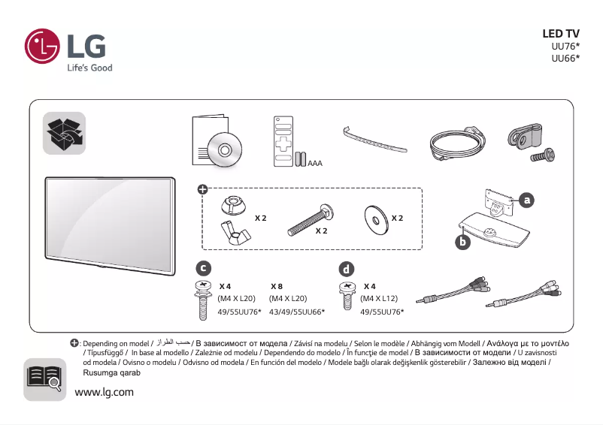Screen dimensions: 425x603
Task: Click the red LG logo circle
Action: coord(42,47)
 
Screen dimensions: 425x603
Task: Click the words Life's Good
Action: coord(89,68)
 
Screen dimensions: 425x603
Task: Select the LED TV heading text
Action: coord(560,34)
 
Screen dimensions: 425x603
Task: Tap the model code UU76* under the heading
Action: coord(565,46)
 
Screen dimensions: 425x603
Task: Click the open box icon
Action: coord(64,133)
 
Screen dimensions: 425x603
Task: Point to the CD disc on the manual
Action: coord(225,149)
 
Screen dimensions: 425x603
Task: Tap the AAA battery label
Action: coord(315,162)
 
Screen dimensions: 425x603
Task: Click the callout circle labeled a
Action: coord(527,200)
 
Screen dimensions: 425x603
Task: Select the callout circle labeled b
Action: coord(463,242)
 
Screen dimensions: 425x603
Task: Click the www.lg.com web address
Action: coord(104,392)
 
